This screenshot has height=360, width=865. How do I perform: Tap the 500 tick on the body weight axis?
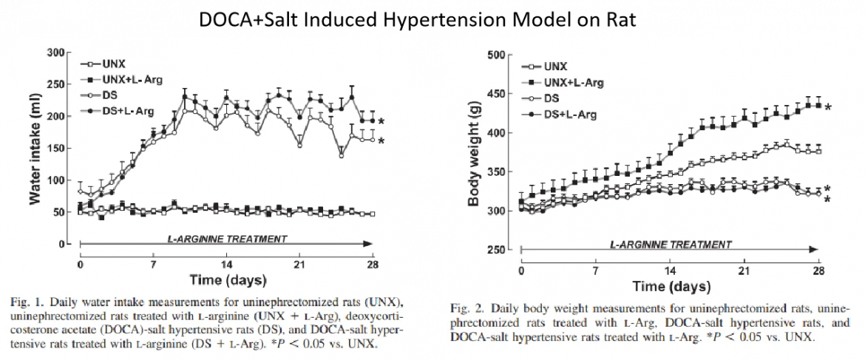click(496, 55)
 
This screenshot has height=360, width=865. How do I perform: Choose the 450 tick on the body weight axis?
click(496, 95)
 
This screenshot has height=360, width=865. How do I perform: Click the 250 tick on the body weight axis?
click(496, 251)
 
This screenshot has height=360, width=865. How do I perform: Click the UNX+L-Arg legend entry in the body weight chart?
click(570, 82)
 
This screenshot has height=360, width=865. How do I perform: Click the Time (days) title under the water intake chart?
click(225, 280)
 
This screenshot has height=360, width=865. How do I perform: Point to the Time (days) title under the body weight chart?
click(670, 285)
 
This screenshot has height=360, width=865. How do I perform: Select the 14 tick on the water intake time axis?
click(226, 264)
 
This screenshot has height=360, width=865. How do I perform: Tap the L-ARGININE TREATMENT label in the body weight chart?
click(671, 244)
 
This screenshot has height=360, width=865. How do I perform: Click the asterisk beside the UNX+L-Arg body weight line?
click(829, 108)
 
